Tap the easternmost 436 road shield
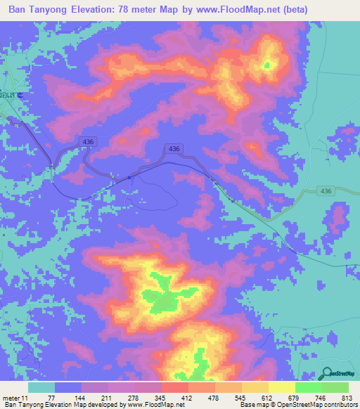click(x=326, y=190)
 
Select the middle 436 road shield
click(x=174, y=149)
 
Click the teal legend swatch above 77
click(x=41, y=387)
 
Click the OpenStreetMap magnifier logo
click(x=327, y=373)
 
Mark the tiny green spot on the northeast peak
click(x=266, y=65)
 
